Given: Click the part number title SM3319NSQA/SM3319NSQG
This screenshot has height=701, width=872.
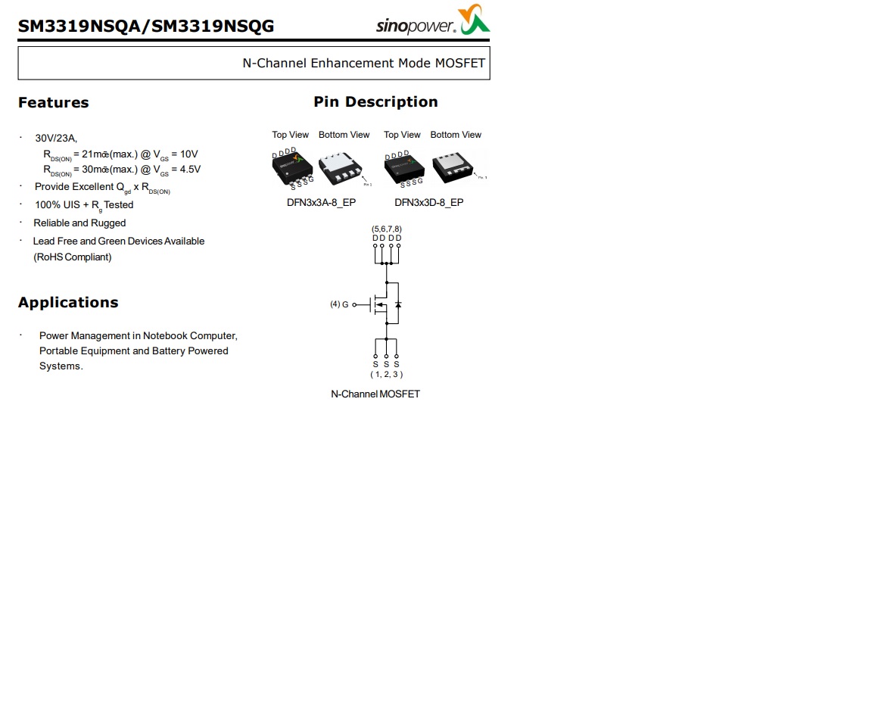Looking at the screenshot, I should [x=146, y=26].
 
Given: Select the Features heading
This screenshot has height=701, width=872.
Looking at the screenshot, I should [x=53, y=103].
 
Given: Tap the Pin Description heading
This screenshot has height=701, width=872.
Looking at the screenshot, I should [x=375, y=102].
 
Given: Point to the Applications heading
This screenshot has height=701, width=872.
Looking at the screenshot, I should [x=68, y=303].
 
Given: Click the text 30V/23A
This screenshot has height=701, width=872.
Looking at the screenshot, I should [x=56, y=139].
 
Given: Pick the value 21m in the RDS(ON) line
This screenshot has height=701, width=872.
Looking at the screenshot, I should [x=92, y=154].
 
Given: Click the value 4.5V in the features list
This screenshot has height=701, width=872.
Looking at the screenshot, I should [x=190, y=170].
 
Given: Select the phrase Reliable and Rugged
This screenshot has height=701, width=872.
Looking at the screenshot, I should [x=79, y=223].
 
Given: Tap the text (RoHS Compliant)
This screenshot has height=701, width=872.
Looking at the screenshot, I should [x=72, y=257].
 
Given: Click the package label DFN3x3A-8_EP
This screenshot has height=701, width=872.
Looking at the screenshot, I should [x=321, y=203].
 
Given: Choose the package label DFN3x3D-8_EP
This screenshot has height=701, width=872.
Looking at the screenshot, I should [x=428, y=203].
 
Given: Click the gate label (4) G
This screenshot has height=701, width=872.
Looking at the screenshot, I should [x=339, y=304].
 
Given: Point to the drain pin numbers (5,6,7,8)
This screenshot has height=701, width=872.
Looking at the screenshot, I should [x=386, y=229].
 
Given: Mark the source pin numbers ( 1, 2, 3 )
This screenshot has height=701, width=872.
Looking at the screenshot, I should [x=386, y=374].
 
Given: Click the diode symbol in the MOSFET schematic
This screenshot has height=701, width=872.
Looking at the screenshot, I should [x=398, y=304].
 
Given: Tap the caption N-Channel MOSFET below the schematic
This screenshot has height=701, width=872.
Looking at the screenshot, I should [x=375, y=394].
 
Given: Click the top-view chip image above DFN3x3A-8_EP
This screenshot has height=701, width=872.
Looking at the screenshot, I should [x=292, y=168].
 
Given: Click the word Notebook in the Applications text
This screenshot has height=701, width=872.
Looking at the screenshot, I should [x=165, y=336].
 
